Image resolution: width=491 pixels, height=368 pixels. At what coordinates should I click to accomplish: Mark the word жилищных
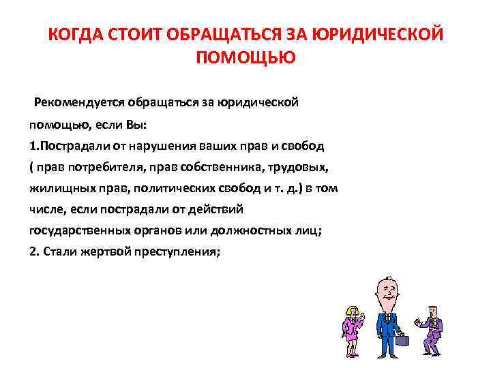59,188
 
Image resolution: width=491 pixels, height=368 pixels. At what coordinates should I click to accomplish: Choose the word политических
170,188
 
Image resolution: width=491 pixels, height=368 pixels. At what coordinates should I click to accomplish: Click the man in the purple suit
432,327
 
